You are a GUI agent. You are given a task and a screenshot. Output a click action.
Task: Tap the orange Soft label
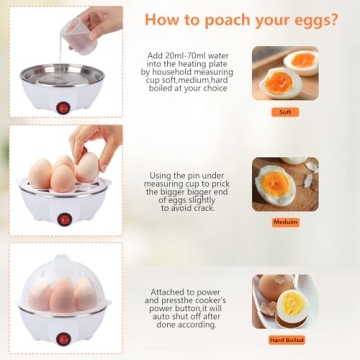tap(285, 112)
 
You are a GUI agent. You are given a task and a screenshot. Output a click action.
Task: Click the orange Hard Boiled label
tap(285, 340)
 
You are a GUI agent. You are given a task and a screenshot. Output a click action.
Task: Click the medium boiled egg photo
tap(285, 184)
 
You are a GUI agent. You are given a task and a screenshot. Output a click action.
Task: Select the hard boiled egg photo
tap(285, 300)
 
